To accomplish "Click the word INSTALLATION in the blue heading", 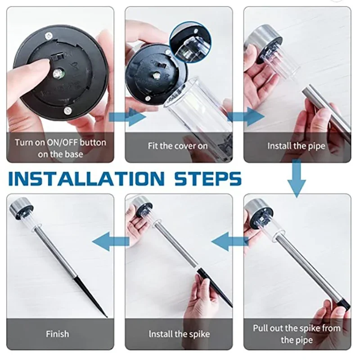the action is click(86, 178).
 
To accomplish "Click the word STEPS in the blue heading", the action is click(208, 178).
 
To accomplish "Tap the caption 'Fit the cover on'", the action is click(177, 146).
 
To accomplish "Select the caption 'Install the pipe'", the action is click(296, 146).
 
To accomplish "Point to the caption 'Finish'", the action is click(58, 334).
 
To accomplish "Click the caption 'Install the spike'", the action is click(179, 334).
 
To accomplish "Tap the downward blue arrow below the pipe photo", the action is click(297, 178).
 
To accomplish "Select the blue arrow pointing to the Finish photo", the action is click(111, 241).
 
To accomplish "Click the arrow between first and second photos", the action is click(127, 117).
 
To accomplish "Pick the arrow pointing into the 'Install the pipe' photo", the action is click(246, 117).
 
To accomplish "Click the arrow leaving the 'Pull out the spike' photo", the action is click(229, 241).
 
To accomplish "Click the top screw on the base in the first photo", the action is click(49, 36).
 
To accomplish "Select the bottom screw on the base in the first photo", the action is click(67, 111).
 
